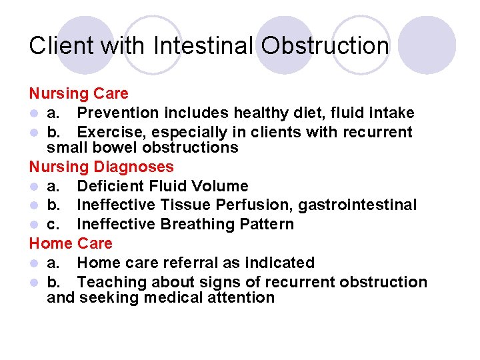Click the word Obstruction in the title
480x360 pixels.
[325, 46]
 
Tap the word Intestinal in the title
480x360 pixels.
[203, 46]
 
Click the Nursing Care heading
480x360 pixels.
[79, 94]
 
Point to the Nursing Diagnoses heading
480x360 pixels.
[101, 167]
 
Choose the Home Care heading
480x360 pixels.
[71, 243]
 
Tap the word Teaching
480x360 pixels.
[111, 282]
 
